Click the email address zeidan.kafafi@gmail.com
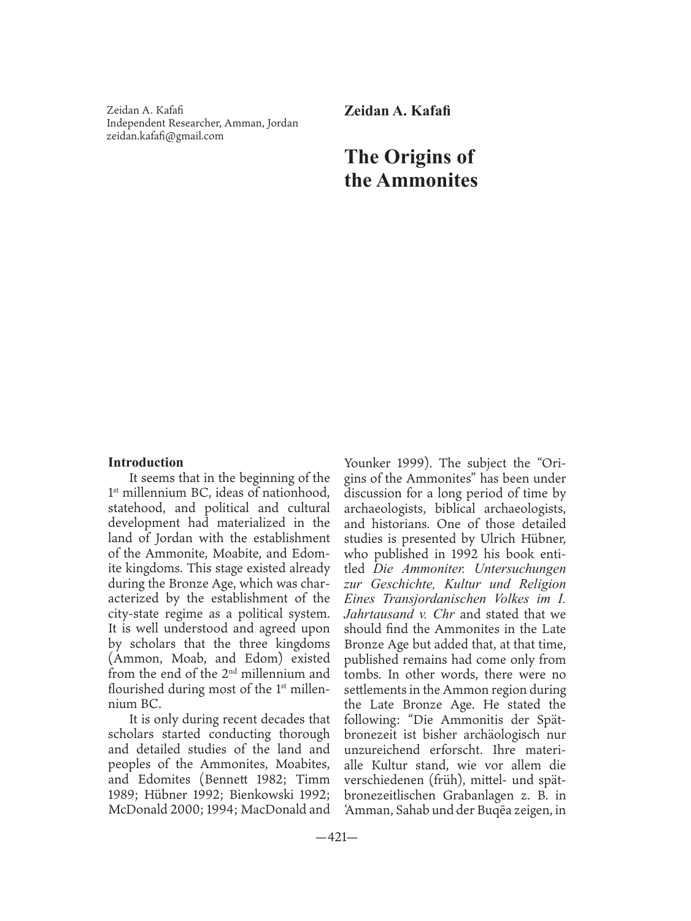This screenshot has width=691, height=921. pyautogui.click(x=165, y=136)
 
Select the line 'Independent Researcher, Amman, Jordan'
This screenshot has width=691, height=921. pyautogui.click(x=203, y=123)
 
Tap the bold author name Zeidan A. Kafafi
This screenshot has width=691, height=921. pyautogui.click(x=397, y=112)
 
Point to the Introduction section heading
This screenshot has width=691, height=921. pyautogui.click(x=145, y=462)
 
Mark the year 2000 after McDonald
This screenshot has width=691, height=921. pyautogui.click(x=188, y=810)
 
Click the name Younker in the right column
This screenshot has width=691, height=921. pyautogui.click(x=367, y=463)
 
